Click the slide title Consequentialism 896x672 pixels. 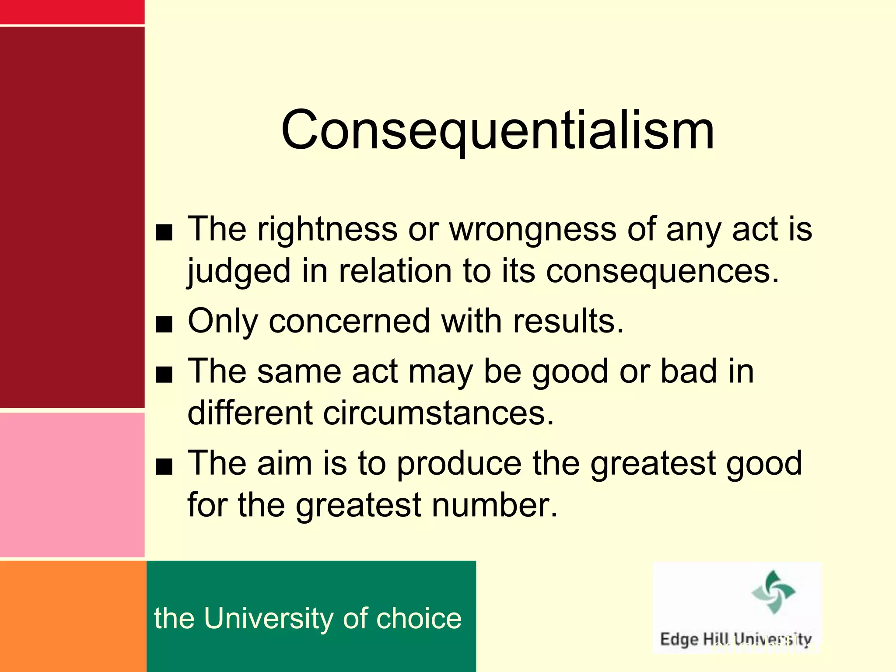[x=497, y=130]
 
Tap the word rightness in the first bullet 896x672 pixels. [x=327, y=229]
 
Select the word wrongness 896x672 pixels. [x=532, y=229]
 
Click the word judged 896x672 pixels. [x=239, y=271]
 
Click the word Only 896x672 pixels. [x=223, y=322]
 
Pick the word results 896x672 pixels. [x=568, y=322]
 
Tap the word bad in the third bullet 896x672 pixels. [x=689, y=371]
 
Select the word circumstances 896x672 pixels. [x=438, y=413]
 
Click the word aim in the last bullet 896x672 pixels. [x=284, y=463]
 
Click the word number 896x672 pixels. [x=495, y=505]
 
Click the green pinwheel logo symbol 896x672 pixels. [x=773, y=591]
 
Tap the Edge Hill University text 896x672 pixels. [x=735, y=639]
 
